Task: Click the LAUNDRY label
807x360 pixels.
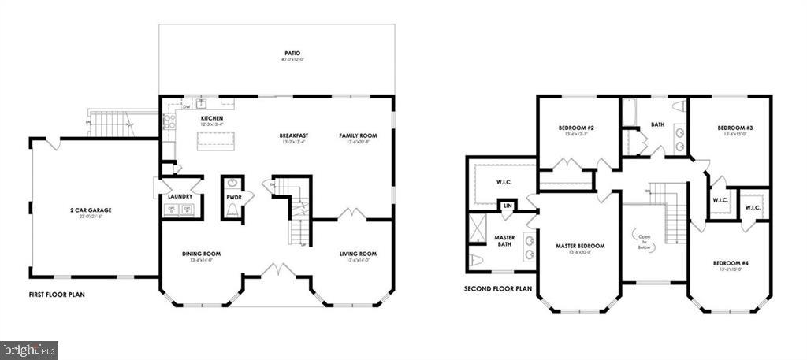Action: [180, 195]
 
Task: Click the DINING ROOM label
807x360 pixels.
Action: [201, 254]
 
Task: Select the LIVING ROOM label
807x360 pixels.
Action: [358, 254]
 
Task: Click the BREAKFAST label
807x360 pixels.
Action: [292, 135]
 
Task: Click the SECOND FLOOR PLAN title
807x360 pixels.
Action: [498, 288]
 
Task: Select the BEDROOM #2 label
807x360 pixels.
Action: [576, 128]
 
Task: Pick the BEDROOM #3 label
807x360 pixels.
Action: [734, 128]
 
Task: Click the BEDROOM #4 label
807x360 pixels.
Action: [731, 263]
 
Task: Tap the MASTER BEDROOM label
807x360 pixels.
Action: [579, 245]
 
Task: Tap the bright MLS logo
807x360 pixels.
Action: [30, 347]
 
